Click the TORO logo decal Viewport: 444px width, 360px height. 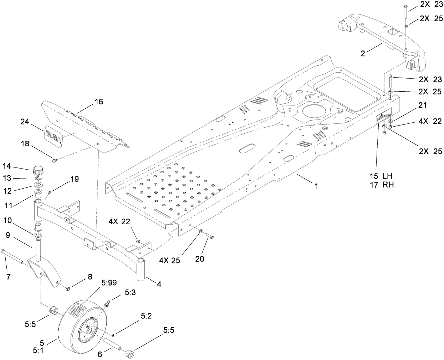click(54, 136)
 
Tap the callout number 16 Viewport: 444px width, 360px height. click(99, 102)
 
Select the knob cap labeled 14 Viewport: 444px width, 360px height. click(37, 172)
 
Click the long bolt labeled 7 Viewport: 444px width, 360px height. click(12, 256)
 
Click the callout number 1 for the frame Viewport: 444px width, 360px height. click(317, 186)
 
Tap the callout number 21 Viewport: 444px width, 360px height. click(422, 105)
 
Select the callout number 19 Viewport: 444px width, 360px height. click(74, 179)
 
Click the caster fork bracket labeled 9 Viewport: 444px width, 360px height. click(44, 268)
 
